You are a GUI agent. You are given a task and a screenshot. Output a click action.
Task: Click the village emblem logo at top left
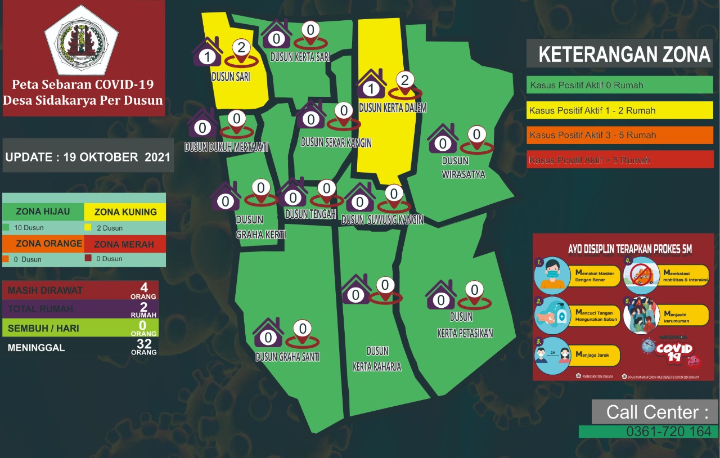pyautogui.click(x=82, y=40)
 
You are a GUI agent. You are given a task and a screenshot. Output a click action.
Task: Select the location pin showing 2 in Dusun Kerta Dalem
pyautogui.click(x=405, y=83)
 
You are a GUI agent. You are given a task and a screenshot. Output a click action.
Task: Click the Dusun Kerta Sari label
pyautogui.click(x=300, y=57)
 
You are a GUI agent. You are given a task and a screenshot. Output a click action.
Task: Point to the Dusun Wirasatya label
pyautogui.click(x=463, y=168)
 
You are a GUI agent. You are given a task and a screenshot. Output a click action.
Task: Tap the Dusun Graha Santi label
pyautogui.click(x=287, y=357)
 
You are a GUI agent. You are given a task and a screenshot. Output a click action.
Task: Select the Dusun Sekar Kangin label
pyautogui.click(x=336, y=142)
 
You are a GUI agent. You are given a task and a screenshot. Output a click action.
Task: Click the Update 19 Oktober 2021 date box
pyautogui.click(x=88, y=156)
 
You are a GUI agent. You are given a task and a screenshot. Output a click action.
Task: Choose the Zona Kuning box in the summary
pyautogui.click(x=125, y=212)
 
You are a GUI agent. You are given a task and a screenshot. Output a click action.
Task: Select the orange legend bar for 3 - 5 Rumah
pyautogui.click(x=620, y=135)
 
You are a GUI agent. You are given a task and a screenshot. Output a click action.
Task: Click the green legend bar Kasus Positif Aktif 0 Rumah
pyautogui.click(x=620, y=85)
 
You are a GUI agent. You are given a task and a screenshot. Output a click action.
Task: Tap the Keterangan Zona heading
pyautogui.click(x=624, y=55)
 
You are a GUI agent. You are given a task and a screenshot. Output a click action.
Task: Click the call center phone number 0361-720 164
pyautogui.click(x=649, y=432)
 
